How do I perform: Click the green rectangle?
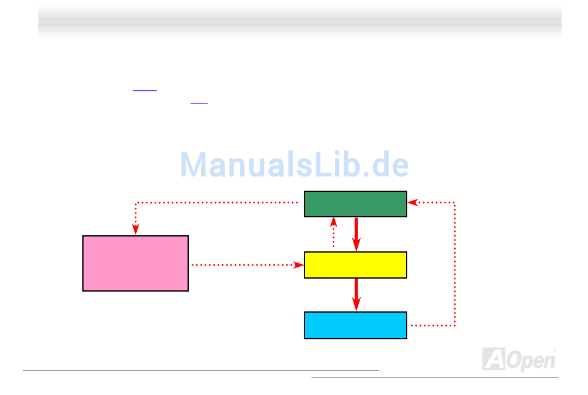pos(355,204)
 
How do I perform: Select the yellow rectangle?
pos(355,265)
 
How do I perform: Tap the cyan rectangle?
pos(355,325)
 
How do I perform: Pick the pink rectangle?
pos(136,263)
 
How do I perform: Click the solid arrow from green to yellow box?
pos(357,234)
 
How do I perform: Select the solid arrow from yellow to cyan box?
pos(357,295)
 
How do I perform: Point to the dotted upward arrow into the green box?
pos(334,232)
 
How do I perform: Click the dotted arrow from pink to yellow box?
pos(248,265)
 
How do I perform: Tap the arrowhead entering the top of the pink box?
pos(136,229)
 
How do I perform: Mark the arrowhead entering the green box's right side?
pos(413,202)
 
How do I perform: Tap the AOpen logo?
pos(519,359)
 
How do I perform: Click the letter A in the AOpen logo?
pos(495,359)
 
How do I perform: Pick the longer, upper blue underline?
pos(145,90)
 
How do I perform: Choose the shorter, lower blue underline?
pos(199,103)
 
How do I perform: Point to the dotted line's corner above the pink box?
pos(136,203)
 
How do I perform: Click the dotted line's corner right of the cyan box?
pos(455,325)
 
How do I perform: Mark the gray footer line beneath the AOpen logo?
pos(435,377)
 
